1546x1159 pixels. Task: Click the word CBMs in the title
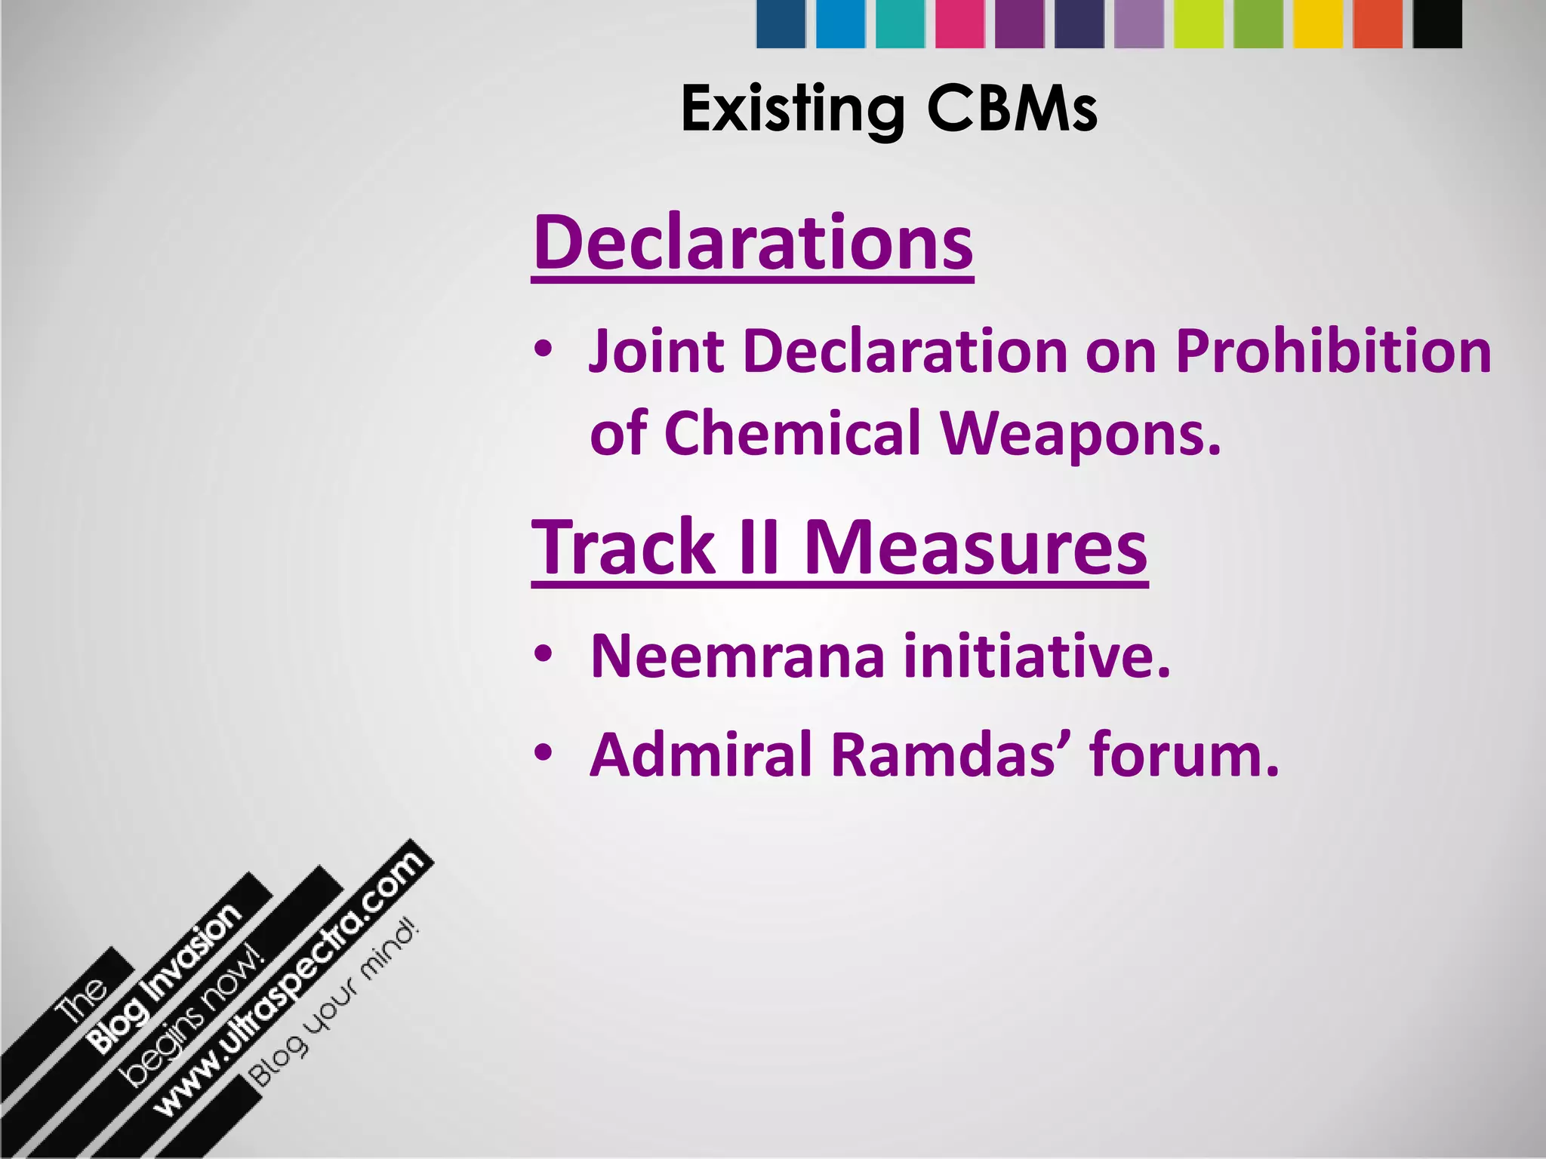(x=1012, y=109)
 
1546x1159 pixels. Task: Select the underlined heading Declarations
(x=753, y=243)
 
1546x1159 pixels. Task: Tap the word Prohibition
(x=1333, y=352)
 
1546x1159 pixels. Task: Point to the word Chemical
(x=793, y=433)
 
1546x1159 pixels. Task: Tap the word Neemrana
(x=737, y=656)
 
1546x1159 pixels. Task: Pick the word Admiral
(x=701, y=754)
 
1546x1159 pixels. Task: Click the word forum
(x=1184, y=754)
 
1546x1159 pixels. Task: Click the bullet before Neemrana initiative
(x=543, y=654)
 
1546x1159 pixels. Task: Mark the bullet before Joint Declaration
(x=543, y=350)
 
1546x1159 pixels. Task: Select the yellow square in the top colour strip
(x=1318, y=24)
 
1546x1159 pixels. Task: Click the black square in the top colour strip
(x=1437, y=24)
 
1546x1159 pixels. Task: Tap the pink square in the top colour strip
(x=959, y=24)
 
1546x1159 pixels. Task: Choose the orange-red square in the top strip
(x=1378, y=24)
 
